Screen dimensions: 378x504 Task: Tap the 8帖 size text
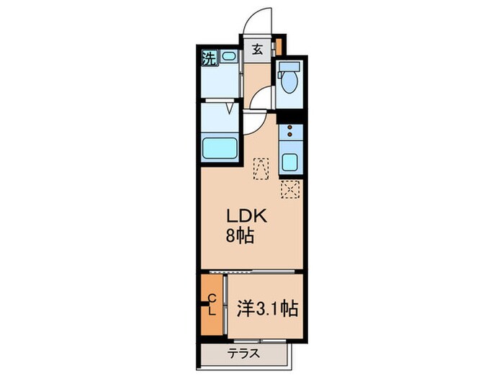coord(240,235)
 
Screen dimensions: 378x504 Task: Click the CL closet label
coord(212,305)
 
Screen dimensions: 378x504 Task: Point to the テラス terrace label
coord(244,354)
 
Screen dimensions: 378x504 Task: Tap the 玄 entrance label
coord(256,51)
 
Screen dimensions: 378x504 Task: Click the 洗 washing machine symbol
coord(208,57)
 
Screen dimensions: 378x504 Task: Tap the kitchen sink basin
coord(290,161)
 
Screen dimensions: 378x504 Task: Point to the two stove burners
coord(290,132)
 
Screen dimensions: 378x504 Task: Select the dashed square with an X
coord(289,189)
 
